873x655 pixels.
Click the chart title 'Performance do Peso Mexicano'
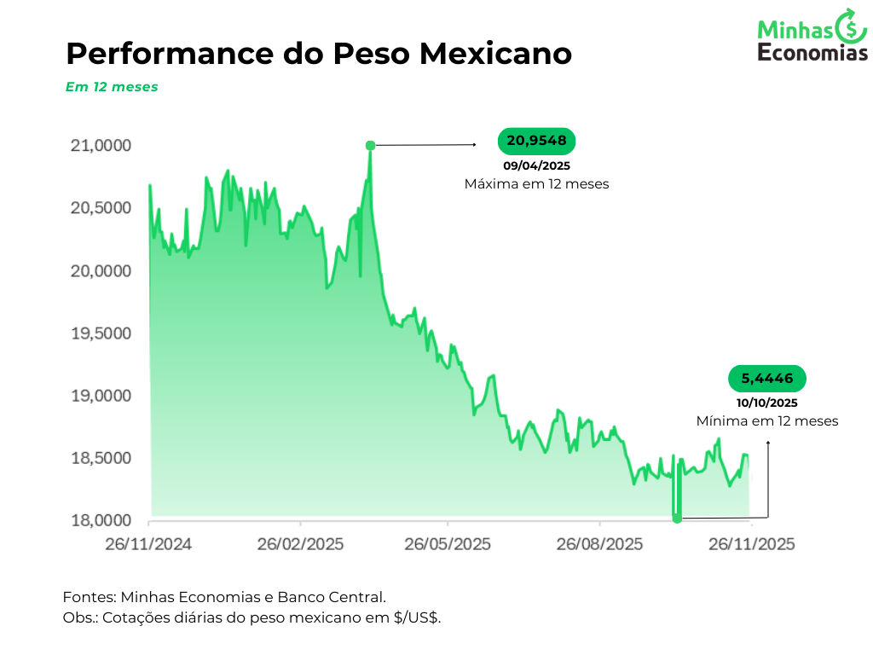pos(318,54)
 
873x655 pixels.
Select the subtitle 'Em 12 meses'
pos(112,87)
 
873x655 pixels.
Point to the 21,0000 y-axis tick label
pos(101,146)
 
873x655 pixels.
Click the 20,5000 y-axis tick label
pos(101,208)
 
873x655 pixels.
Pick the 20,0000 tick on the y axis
pos(101,271)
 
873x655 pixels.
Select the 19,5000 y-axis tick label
pos(101,333)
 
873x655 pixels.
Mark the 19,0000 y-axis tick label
pos(101,396)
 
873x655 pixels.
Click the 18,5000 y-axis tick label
pos(101,459)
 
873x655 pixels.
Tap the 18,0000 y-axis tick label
pos(101,521)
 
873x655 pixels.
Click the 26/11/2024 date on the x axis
pos(149,544)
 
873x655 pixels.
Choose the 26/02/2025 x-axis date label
pos(300,544)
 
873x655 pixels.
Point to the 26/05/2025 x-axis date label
pos(448,544)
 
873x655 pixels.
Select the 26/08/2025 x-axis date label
pos(600,544)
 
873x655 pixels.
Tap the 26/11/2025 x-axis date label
pos(750,544)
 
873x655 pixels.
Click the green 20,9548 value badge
pos(537,141)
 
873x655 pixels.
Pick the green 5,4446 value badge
pos(767,379)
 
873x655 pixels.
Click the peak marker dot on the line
pos(370,146)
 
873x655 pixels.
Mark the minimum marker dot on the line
pos(677,518)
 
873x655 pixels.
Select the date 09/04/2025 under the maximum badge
pos(537,165)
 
